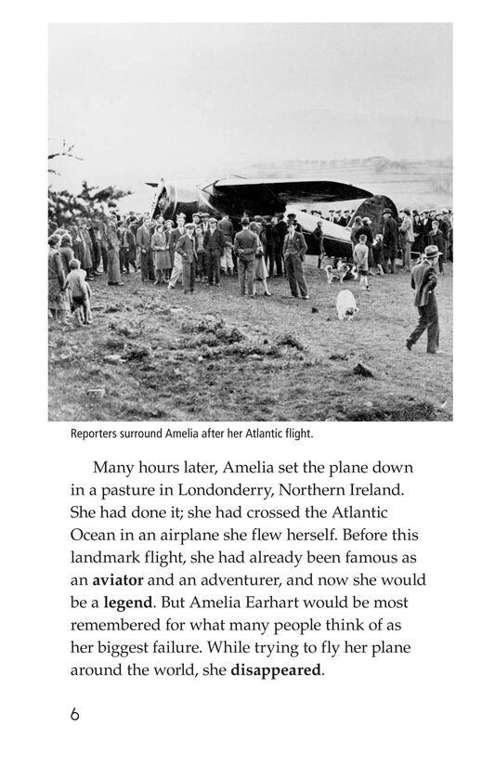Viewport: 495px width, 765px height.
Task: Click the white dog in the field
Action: (x=345, y=304)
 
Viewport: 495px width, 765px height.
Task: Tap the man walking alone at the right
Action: (x=426, y=305)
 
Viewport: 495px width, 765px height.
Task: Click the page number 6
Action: (x=74, y=715)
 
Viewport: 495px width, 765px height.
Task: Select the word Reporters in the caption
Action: (x=97, y=433)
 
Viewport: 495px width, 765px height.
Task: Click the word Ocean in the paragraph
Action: (x=93, y=534)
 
